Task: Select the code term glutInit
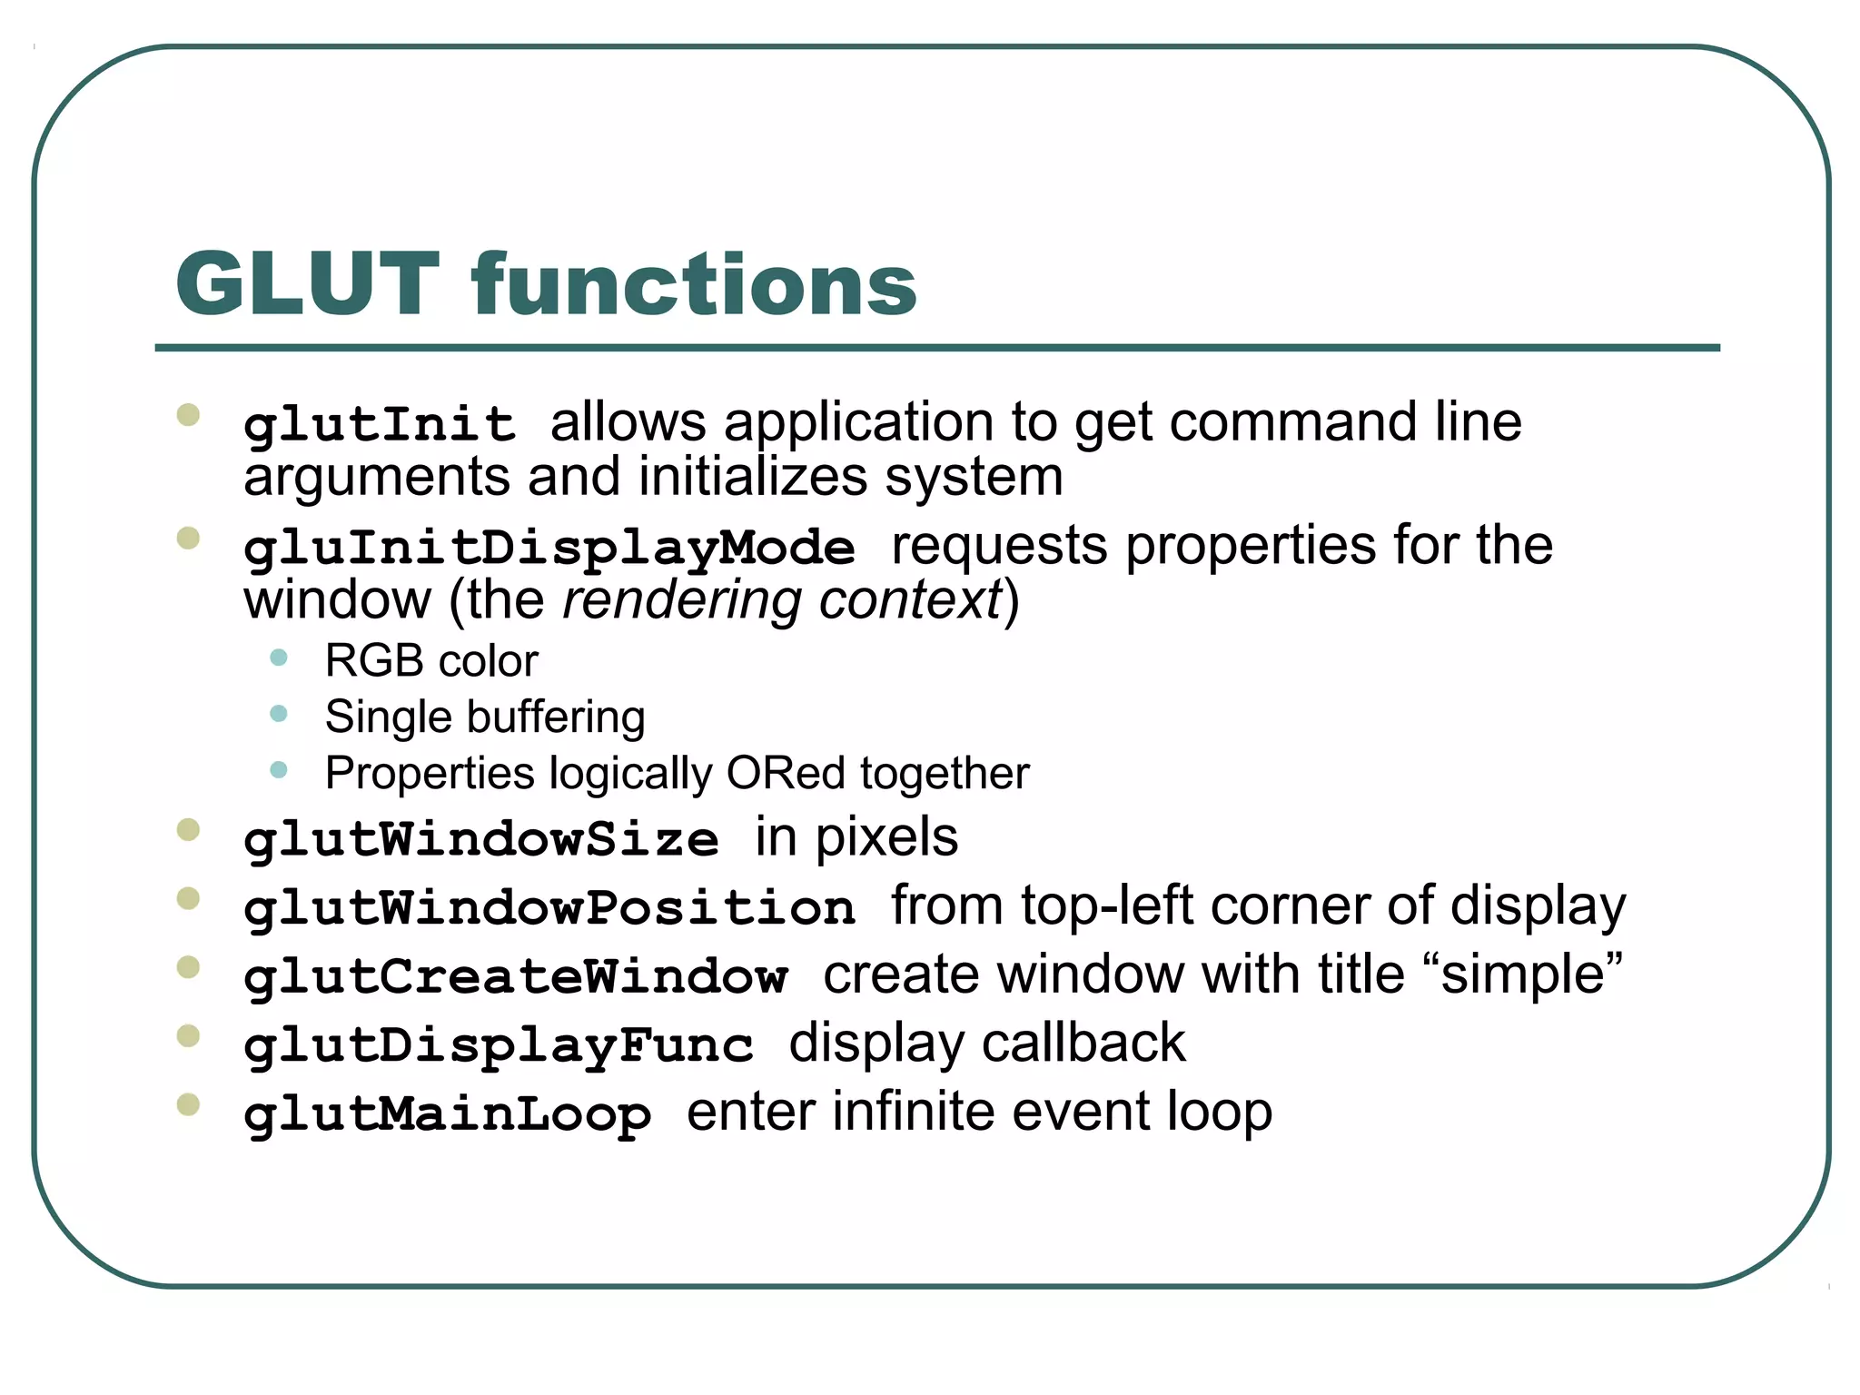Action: [380, 425]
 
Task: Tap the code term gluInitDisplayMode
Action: [549, 549]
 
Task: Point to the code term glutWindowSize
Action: [481, 839]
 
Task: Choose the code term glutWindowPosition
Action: [549, 908]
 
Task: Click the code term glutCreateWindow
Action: [515, 977]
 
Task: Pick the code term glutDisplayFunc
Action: [499, 1045]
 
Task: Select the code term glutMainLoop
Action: [448, 1114]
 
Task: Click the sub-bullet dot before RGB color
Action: [279, 658]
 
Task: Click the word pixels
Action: [886, 837]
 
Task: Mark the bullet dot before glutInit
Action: [189, 416]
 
